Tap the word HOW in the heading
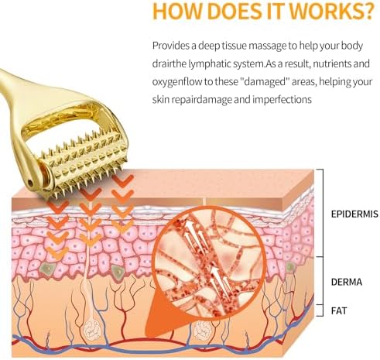point(178,10)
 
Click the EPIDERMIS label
point(354,214)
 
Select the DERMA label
point(347,282)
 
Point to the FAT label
point(339,310)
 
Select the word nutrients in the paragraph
point(331,63)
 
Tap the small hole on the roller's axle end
point(30,183)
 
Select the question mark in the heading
point(368,10)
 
